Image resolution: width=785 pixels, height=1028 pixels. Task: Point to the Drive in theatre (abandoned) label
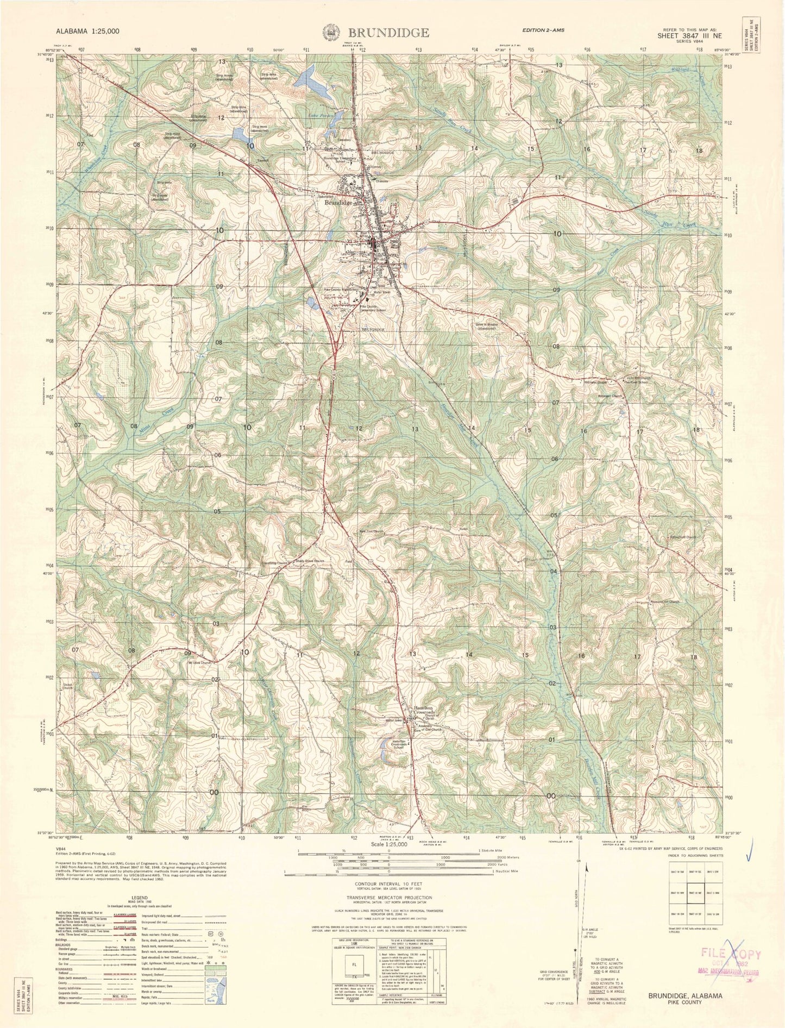(487, 326)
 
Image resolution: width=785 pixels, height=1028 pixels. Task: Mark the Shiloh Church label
(67, 686)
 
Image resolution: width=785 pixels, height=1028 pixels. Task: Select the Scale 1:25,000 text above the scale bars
(388, 844)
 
